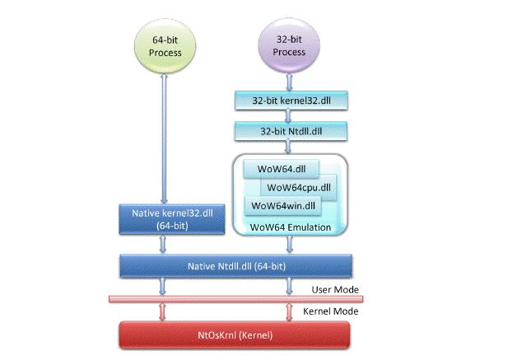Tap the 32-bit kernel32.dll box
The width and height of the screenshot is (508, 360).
pyautogui.click(x=289, y=101)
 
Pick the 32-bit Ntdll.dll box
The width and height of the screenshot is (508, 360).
pyautogui.click(x=289, y=131)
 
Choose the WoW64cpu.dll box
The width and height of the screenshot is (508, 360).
pyautogui.click(x=297, y=187)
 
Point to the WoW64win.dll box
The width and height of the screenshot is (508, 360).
pyautogui.click(x=283, y=205)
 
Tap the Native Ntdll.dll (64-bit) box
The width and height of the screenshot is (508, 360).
pyautogui.click(x=236, y=264)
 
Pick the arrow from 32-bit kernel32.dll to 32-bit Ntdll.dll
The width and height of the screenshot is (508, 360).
pyautogui.click(x=289, y=116)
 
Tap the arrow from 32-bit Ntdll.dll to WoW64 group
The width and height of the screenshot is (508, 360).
pyautogui.click(x=289, y=146)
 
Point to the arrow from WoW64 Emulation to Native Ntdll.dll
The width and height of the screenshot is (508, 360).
pyautogui.click(x=289, y=245)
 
